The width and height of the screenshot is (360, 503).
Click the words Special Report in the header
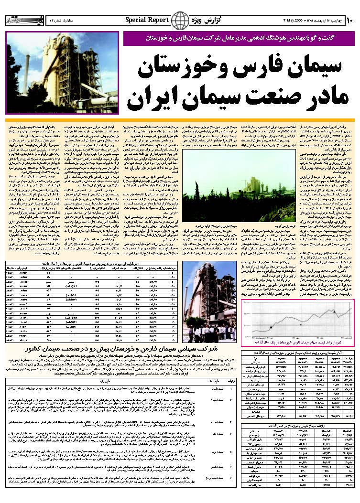pos(147,20)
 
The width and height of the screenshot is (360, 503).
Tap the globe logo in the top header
pos(180,21)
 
